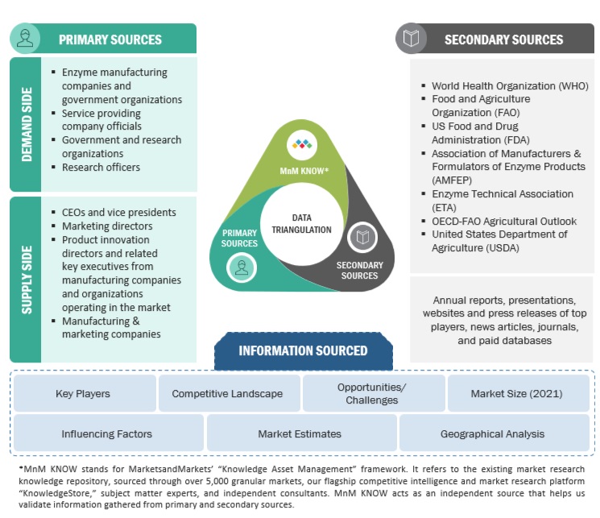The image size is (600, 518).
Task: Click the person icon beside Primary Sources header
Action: coord(26,39)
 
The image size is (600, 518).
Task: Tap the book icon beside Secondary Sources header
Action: coord(412,38)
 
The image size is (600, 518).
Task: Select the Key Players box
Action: coord(83,394)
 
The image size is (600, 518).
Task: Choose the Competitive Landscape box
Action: coord(227,394)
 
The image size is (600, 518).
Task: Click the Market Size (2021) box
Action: coord(516,394)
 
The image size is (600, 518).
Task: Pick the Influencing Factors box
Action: coord(107,433)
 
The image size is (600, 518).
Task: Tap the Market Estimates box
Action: coord(300,433)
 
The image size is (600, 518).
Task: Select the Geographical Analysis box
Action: coord(492,433)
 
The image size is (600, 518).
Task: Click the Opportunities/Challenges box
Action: coord(372,394)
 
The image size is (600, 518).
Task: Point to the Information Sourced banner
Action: coord(303,350)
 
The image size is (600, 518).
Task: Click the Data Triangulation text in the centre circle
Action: coord(301,224)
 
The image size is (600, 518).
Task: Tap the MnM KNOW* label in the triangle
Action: coord(303,170)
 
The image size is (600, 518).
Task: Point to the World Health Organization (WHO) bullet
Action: coord(510,85)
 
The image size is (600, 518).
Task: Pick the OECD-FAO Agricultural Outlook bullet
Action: coord(504,221)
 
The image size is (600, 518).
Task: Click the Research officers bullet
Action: coord(101,168)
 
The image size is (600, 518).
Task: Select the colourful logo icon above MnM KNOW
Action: coord(302,145)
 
